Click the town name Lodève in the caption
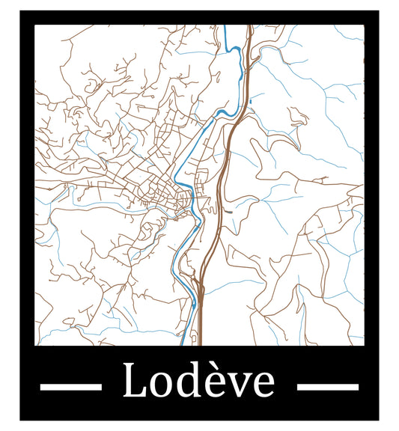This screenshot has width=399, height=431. [x=198, y=381]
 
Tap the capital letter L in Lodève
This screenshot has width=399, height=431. [x=133, y=381]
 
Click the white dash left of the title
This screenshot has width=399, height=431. [x=70, y=387]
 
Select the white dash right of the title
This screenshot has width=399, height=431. [x=328, y=387]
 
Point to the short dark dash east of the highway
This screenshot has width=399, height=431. [x=228, y=212]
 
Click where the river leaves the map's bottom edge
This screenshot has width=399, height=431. [x=182, y=344]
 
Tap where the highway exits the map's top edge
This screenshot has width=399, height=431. [x=248, y=27]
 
